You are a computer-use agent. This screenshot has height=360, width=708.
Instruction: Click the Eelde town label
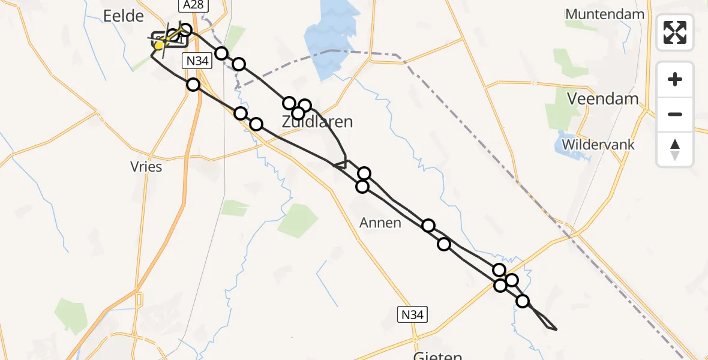(124, 16)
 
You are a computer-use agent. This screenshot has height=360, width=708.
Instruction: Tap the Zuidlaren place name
(317, 122)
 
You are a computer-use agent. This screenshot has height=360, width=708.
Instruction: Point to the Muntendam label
(605, 14)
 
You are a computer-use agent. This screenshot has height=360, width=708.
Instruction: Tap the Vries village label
(146, 166)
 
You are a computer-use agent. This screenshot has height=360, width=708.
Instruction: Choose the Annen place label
(380, 223)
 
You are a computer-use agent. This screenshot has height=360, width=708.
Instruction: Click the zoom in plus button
(675, 80)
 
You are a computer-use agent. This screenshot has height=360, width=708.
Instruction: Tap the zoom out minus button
(675, 114)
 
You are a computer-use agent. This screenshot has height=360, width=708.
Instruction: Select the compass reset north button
(675, 149)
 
